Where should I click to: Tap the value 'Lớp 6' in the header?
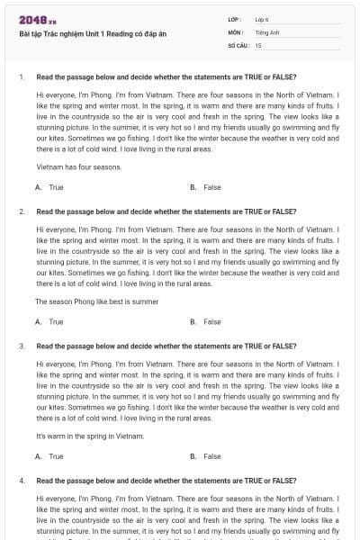pos(262,19)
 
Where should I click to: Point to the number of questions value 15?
pos(258,44)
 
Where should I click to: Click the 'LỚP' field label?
pos(235,19)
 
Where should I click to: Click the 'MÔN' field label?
pos(236,31)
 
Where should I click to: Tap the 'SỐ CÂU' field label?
pos(238,44)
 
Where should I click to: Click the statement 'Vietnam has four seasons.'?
pos(79,167)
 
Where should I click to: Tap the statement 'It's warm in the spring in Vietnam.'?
pos(90,436)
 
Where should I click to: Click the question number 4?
pos(21,481)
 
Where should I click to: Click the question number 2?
pos(21,211)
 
